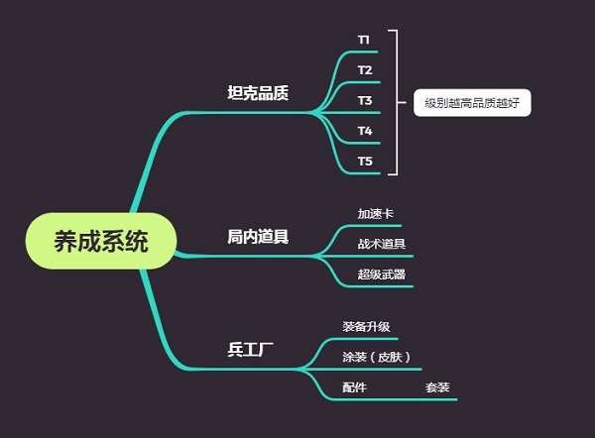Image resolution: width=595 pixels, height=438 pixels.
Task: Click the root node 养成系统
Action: [x=101, y=241]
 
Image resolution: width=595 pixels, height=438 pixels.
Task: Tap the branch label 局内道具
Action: [x=258, y=237]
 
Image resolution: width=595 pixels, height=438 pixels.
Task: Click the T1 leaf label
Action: [x=364, y=40]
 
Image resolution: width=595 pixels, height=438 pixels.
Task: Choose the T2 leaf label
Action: [x=365, y=70]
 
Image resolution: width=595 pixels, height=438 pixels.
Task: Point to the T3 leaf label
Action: [x=365, y=100]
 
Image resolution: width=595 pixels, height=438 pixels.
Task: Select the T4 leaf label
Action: [x=365, y=131]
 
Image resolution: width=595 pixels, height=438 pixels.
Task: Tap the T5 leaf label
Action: [x=365, y=161]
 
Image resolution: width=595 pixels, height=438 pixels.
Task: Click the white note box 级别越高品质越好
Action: [x=472, y=102]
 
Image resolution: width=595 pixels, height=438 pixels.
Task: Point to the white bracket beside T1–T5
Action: [x=396, y=101]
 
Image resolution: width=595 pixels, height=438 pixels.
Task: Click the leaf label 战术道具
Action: [x=381, y=244]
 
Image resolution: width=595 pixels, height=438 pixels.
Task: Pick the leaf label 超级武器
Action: [x=381, y=274]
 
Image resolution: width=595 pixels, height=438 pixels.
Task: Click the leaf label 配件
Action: [x=354, y=387]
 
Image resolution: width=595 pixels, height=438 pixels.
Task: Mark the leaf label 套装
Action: [x=437, y=387]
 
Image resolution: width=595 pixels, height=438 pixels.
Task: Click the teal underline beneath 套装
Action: [x=437, y=398]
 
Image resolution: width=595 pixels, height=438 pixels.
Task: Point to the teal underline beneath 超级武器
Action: [x=381, y=286]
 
